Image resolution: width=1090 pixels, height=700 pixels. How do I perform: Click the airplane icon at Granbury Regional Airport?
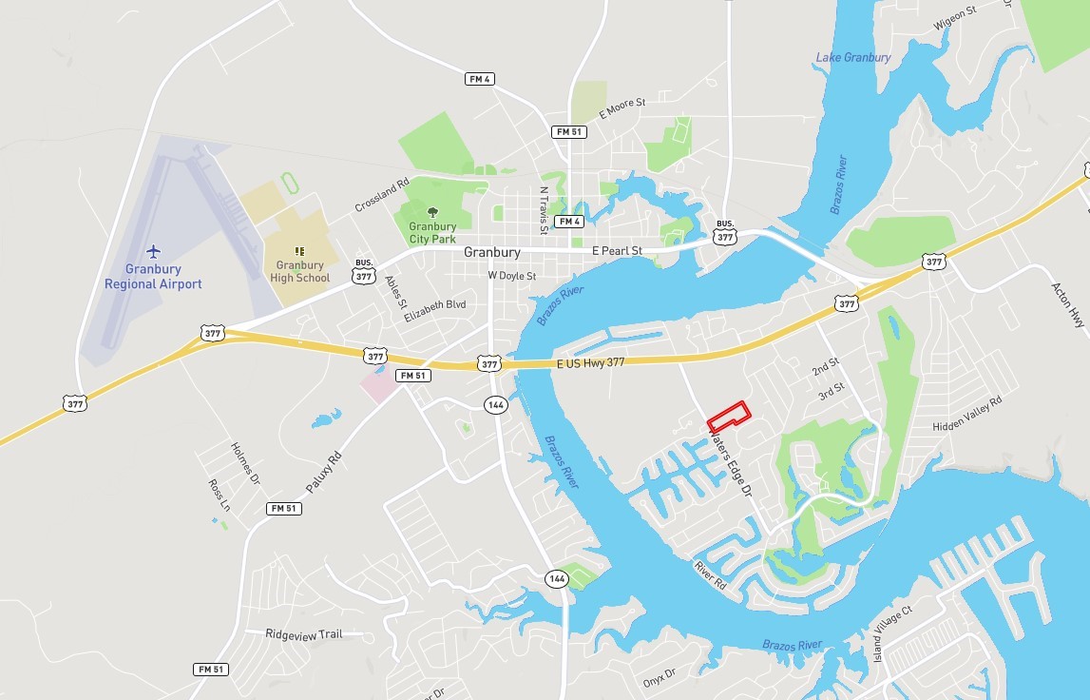(154, 251)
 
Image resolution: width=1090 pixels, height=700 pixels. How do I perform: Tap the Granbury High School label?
(300, 271)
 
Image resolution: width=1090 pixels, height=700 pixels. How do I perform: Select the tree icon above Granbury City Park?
(432, 212)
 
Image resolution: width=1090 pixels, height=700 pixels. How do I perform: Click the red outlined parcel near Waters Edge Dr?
(729, 417)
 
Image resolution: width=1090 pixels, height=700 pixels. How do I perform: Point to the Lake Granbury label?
(853, 58)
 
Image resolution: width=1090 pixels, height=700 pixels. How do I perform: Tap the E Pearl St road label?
(617, 251)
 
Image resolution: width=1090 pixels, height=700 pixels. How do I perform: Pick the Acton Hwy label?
(1067, 305)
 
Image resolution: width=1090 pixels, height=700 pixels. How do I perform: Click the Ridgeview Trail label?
(302, 633)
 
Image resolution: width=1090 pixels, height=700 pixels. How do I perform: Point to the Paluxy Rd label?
(323, 473)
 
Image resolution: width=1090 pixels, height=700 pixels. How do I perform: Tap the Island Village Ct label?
(892, 633)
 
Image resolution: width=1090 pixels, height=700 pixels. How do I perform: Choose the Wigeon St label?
(957, 13)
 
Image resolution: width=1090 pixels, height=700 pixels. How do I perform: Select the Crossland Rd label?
(381, 195)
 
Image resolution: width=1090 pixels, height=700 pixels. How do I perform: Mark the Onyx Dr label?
(658, 677)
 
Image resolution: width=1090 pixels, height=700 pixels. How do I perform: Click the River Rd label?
(710, 574)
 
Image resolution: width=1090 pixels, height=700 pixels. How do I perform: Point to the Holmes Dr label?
(245, 463)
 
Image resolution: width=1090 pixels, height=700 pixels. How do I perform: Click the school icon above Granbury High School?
(299, 250)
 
